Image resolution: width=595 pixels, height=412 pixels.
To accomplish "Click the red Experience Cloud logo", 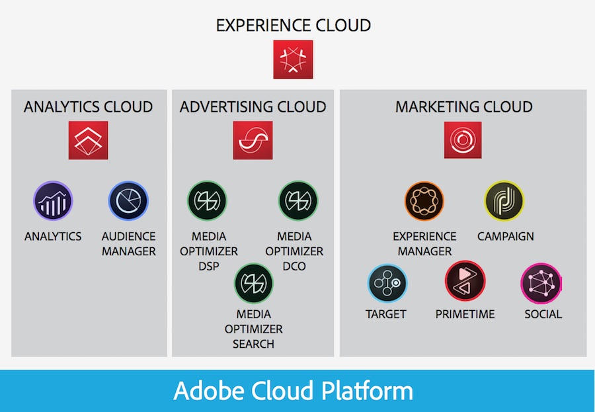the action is pos(293,60).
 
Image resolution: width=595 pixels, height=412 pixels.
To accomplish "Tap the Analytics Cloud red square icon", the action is pos(88,140).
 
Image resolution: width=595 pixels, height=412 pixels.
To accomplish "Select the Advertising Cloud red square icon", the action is pos(253,140).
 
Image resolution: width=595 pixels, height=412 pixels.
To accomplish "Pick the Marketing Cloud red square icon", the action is pos(463,140).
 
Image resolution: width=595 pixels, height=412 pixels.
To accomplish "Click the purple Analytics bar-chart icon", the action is pos(53,200).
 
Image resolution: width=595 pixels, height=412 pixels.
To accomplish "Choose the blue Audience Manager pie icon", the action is pos(128,200).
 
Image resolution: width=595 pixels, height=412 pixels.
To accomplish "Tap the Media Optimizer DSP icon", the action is pos(207,200).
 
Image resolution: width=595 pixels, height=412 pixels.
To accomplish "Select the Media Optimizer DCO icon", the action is pos(298,200).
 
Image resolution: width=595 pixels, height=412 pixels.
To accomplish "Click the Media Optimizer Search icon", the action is pos(253,283).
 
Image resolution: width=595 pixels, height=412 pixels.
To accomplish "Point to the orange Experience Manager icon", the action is pos(424,200).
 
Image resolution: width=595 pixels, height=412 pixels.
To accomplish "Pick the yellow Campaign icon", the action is pos(504,200).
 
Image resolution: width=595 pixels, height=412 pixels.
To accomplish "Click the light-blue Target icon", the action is pos(387,283).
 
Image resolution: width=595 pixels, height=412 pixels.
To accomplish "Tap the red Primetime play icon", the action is pos(465,281).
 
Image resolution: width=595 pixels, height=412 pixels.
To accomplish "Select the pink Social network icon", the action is pos(541,283).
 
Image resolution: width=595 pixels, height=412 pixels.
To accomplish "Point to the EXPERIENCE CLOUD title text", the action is pos(294,25).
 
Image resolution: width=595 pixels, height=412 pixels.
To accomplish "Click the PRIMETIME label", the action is pos(465,314).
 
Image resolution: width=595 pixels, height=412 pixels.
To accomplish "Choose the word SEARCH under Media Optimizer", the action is pos(253,344).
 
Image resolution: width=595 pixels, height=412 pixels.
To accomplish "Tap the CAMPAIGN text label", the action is pos(506,236).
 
